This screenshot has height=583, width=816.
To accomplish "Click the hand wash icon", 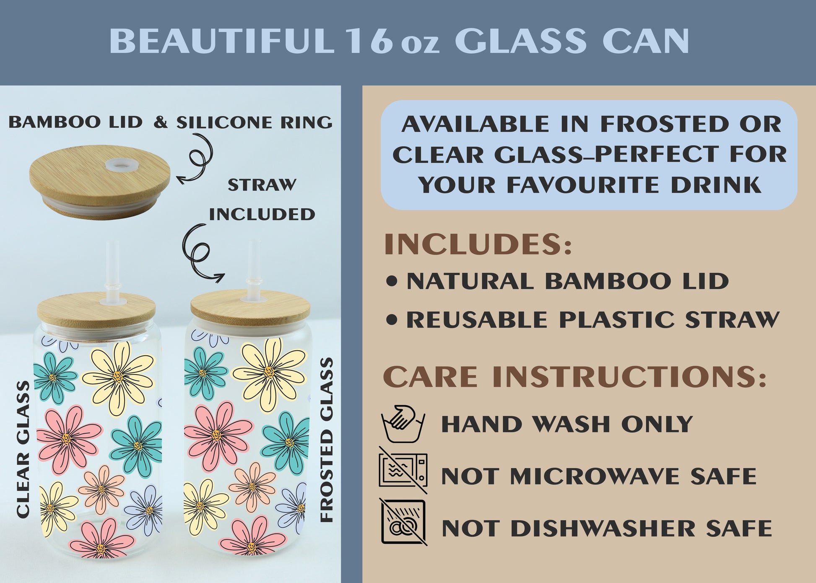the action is [403, 424].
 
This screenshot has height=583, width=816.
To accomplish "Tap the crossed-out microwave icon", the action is [403, 470].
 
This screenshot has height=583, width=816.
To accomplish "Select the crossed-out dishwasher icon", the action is [403, 522].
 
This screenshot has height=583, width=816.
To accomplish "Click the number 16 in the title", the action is [369, 41].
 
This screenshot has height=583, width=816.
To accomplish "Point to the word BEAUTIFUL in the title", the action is [222, 41].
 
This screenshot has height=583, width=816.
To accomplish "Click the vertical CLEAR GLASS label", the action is [23, 449].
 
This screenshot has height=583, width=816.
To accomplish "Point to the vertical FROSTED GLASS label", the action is [327, 440].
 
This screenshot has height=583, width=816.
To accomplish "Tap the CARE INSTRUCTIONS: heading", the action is [575, 376].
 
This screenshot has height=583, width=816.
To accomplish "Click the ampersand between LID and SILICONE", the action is [160, 122].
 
